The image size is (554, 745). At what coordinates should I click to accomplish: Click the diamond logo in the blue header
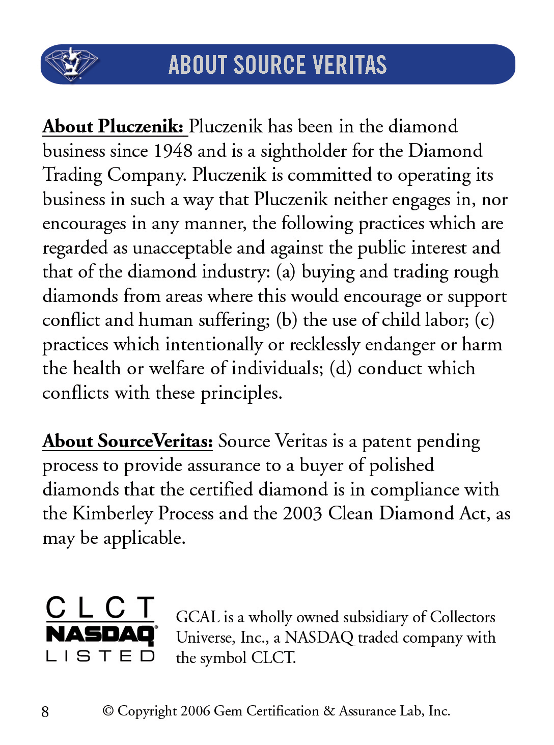pos(71,64)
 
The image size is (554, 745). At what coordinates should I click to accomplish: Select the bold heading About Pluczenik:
pos(113,126)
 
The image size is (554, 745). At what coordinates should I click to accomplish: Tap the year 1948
pos(173,151)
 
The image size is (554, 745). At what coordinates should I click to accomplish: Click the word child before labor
pos(401,320)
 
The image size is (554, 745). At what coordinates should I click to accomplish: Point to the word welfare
pos(177,369)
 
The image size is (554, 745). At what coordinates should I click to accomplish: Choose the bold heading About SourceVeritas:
pos(127,441)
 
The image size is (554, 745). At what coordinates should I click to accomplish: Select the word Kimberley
pos(113,514)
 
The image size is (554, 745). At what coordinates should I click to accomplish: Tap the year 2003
pos(302,514)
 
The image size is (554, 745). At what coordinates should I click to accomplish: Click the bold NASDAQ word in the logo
pos(100,634)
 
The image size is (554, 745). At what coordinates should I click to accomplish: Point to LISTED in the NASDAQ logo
pos(100,656)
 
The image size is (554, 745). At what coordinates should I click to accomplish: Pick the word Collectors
pos(462,617)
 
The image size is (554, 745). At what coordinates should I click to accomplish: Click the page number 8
pos(45,711)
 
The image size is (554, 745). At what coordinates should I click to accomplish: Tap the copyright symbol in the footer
pos(108,711)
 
